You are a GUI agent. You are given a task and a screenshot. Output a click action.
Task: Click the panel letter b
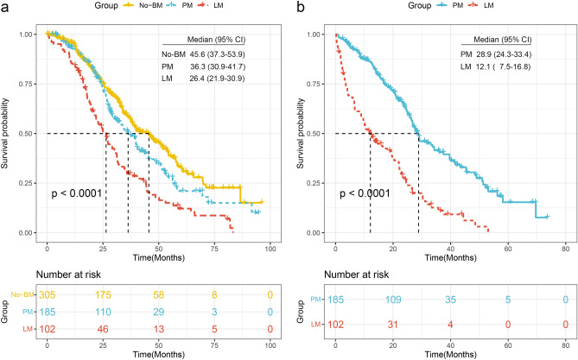[x=299, y=7]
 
